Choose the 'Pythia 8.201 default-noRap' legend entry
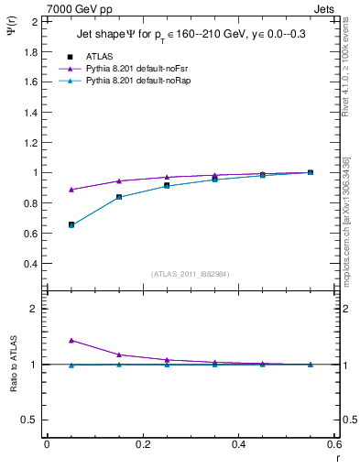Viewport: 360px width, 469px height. click(132, 82)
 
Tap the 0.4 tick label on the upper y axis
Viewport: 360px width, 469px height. click(30, 264)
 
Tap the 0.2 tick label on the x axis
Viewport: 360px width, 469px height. click(142, 444)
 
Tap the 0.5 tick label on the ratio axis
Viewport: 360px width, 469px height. click(30, 420)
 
